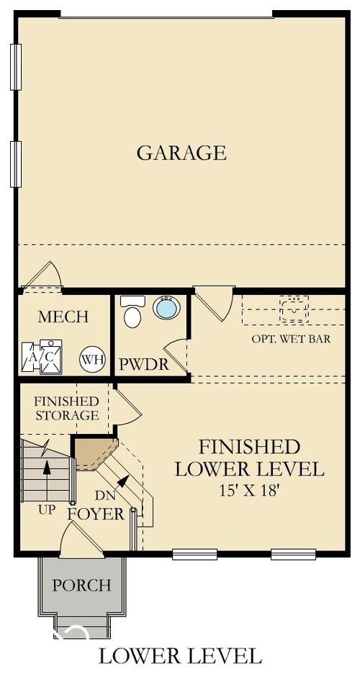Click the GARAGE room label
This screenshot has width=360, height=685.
(181, 153)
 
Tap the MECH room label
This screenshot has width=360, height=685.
(63, 317)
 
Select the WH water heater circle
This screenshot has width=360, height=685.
(91, 358)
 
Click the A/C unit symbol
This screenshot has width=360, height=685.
(42, 355)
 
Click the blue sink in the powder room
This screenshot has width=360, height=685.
(166, 308)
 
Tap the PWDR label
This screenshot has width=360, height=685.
(144, 365)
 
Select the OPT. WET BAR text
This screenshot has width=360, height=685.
(291, 339)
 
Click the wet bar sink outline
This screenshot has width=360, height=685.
(294, 309)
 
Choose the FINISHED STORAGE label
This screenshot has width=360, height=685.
(66, 408)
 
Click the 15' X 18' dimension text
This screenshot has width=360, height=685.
(249, 491)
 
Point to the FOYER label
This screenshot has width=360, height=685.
(96, 514)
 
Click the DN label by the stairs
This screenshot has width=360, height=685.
(105, 495)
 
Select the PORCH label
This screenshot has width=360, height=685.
(81, 585)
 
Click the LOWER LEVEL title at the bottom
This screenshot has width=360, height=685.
(179, 655)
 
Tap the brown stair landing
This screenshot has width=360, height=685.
(94, 453)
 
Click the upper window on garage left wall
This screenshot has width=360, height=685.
(16, 67)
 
